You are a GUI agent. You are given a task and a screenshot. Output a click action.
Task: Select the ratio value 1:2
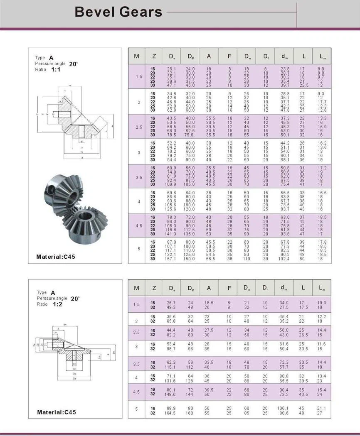57,304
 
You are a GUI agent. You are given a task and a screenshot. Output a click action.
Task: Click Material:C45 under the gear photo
56,257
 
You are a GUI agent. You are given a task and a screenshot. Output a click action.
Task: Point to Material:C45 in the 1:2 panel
57,412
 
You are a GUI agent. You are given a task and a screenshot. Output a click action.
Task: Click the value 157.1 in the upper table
172,259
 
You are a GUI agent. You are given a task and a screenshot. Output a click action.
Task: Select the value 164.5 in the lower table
171,413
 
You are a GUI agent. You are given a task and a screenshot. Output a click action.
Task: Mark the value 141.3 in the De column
172,234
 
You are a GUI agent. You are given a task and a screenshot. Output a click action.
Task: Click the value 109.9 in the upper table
172,184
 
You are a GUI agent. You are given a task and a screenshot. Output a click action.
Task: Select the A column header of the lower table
209,288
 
